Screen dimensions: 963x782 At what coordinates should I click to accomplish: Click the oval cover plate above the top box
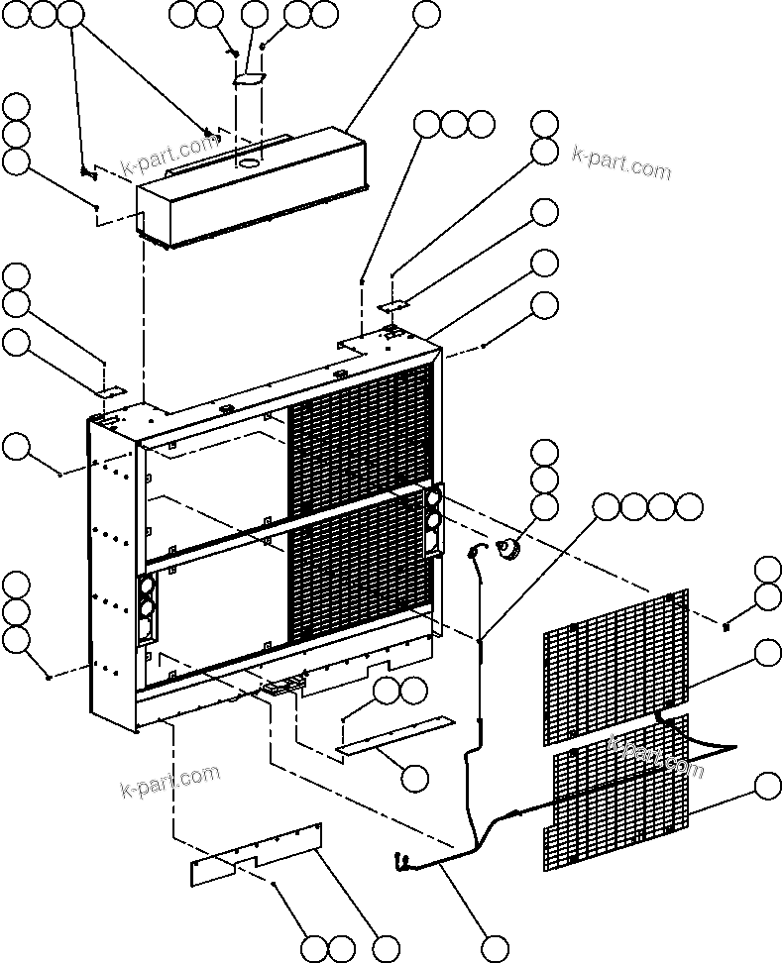click(x=250, y=77)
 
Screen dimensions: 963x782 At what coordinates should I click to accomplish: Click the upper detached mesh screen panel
click(x=614, y=669)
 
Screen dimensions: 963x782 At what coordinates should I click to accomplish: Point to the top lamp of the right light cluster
click(x=433, y=498)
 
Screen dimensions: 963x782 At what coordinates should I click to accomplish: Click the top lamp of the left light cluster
click(x=146, y=588)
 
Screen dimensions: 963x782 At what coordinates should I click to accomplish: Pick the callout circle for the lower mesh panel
click(x=767, y=787)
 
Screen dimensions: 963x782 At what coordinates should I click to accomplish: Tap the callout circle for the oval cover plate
click(x=255, y=14)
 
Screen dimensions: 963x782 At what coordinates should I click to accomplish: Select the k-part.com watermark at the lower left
click(x=168, y=781)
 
